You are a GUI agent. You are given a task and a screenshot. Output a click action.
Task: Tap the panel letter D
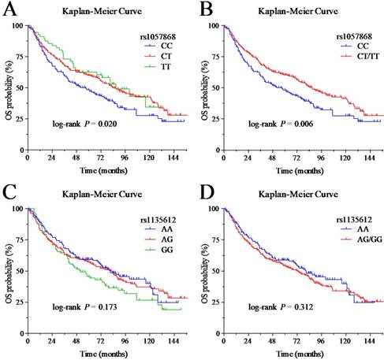click(x=205, y=191)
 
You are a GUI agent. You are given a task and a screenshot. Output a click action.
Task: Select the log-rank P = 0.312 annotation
click(x=274, y=306)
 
